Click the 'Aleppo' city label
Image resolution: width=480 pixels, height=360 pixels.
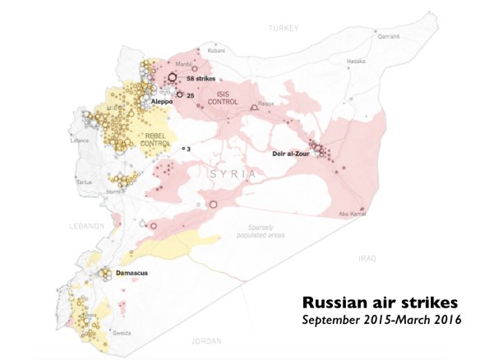[163, 101]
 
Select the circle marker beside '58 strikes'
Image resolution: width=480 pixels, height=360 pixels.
[173, 79]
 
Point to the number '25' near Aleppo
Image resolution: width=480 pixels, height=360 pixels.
[191, 95]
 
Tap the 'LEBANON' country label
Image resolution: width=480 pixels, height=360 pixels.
[85, 225]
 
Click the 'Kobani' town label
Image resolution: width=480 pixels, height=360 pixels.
[216, 50]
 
